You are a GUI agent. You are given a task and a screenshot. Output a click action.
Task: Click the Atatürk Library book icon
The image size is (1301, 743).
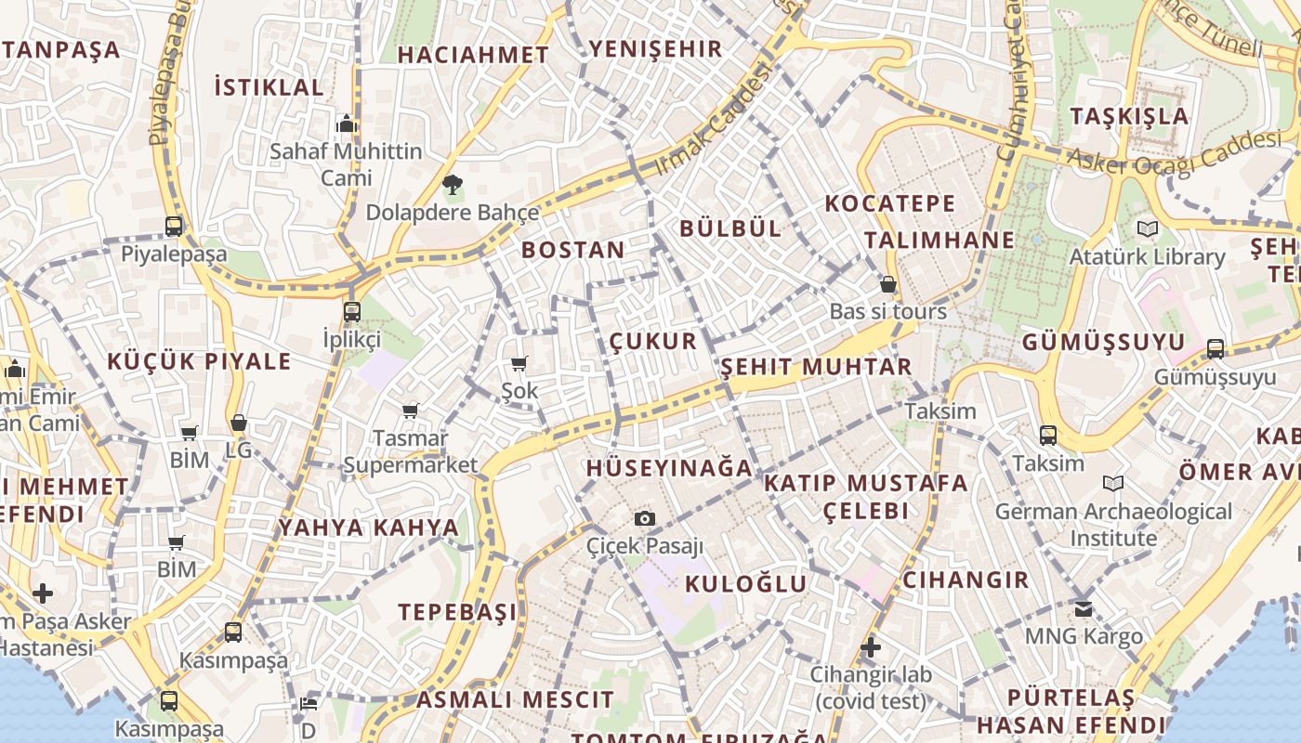click(1148, 228)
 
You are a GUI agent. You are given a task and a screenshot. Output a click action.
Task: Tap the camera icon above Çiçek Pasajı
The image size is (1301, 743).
click(644, 518)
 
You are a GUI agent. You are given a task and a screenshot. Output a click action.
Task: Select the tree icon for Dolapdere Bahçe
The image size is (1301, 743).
click(453, 185)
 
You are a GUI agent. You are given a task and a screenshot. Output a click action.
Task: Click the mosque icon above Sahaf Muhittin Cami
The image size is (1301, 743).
click(347, 124)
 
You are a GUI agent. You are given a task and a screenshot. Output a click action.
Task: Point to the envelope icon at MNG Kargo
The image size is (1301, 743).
click(1084, 609)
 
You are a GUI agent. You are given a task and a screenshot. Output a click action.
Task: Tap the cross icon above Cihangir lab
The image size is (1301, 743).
click(871, 646)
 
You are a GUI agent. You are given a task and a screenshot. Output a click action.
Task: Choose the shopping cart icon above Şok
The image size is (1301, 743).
click(519, 363)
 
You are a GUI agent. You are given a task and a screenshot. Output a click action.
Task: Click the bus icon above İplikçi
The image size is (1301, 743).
click(351, 312)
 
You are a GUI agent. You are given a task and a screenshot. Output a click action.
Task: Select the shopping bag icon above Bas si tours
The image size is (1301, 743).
click(888, 284)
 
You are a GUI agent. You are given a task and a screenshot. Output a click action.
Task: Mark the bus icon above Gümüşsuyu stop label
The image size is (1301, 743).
click(1215, 349)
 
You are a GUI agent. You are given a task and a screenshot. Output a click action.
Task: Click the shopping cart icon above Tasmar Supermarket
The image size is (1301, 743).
click(410, 410)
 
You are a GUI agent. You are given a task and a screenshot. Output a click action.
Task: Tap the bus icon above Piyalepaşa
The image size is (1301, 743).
click(174, 226)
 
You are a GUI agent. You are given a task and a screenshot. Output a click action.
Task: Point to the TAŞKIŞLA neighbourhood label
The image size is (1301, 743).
click(1129, 116)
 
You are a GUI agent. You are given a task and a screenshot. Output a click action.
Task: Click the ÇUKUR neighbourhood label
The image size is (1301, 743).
click(652, 341)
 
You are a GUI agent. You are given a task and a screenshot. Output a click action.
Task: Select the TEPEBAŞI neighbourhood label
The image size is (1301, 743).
click(458, 612)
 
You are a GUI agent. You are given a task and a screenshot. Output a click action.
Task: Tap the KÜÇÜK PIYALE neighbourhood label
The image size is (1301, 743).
click(199, 361)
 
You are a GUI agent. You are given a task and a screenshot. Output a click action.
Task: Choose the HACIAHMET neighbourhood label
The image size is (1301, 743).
click(474, 55)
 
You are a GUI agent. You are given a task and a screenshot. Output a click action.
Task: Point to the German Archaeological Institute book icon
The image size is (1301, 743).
click(1112, 483)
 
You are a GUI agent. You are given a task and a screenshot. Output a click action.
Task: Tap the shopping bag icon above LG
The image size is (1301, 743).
click(239, 424)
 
